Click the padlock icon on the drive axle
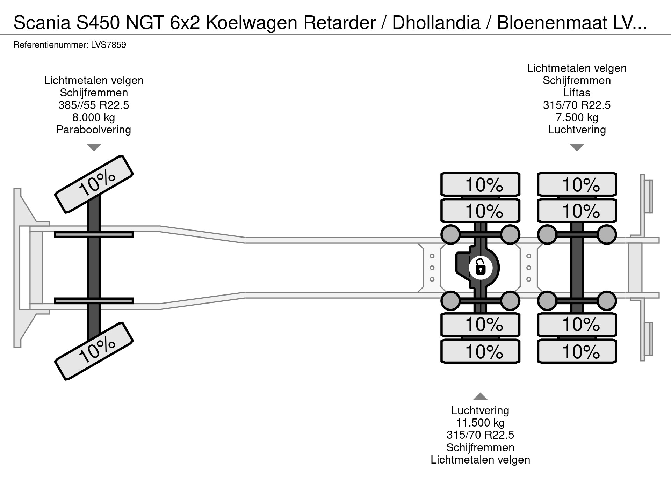coord(481,268)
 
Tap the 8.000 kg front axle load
coord(94,117)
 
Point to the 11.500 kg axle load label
coord(480,423)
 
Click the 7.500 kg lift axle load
coord(577,117)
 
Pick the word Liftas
coord(577,93)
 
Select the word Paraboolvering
coord(94,130)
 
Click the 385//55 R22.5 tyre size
coord(94,105)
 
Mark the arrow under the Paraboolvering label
coord(94,147)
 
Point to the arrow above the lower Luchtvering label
coord(480,396)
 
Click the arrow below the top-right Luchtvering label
coord(577,147)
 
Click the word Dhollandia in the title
coord(436,23)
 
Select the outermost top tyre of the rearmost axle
coord(577,184)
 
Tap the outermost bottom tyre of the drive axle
coord(480,351)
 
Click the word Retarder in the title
coord(339,23)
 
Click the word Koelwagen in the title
coord(251,23)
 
